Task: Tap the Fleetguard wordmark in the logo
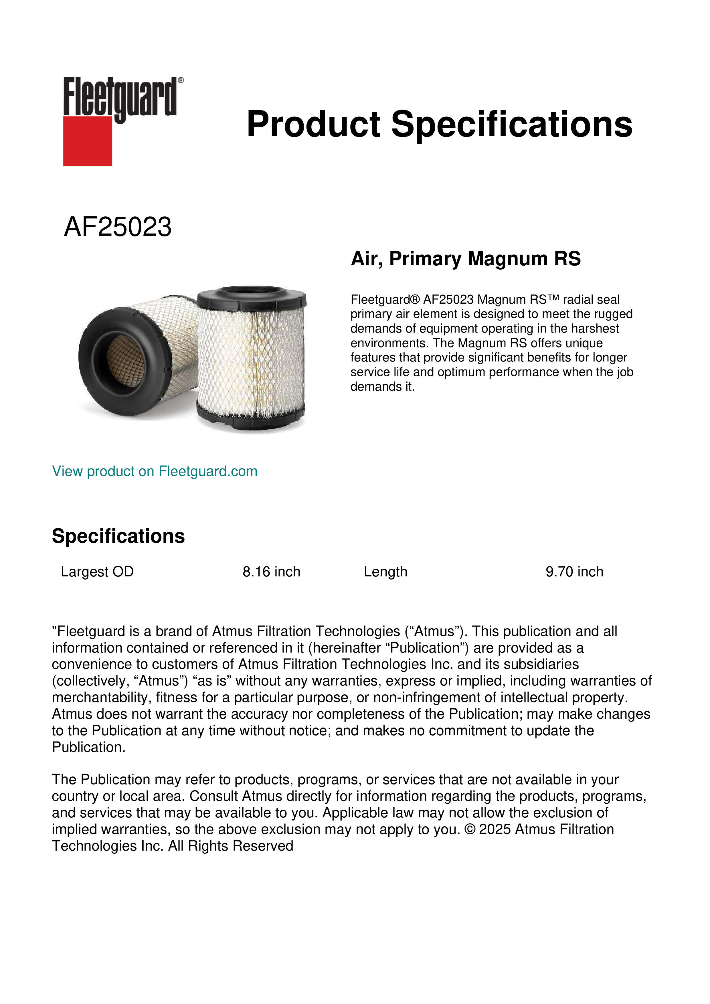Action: (x=119, y=97)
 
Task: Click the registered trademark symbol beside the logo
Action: (x=181, y=80)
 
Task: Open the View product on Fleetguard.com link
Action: (x=154, y=471)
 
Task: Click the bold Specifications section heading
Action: (x=118, y=536)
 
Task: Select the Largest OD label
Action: (x=97, y=572)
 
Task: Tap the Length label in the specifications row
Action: (x=385, y=572)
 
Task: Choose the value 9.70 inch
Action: (x=574, y=572)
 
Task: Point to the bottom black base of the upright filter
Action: (x=250, y=419)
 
